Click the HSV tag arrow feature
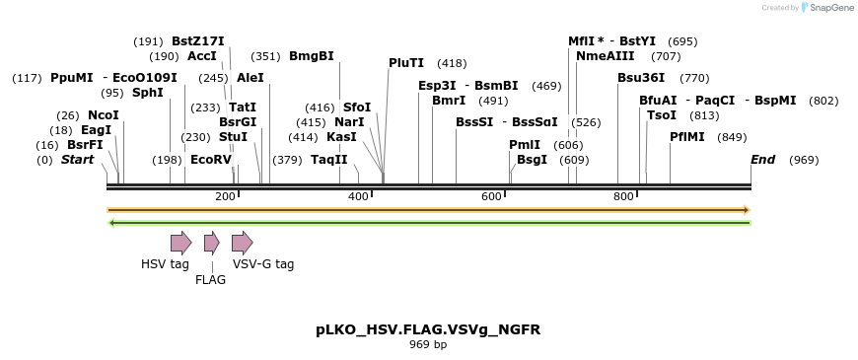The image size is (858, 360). [x=180, y=243]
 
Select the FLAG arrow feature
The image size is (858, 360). [x=211, y=243]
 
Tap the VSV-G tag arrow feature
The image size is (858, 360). [x=242, y=243]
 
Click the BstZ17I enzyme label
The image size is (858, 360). [x=197, y=41]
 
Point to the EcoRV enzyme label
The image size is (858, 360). [x=210, y=160]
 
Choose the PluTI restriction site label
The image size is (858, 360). [x=406, y=63]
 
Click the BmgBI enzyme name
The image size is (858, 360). [x=311, y=56]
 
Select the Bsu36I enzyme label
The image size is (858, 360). [x=641, y=78]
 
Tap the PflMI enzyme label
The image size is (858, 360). [x=687, y=137]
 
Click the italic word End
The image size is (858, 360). [x=762, y=160]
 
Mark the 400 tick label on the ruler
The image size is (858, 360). [x=359, y=197]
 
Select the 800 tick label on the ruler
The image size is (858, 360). [x=623, y=197]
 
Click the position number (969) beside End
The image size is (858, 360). [x=804, y=160]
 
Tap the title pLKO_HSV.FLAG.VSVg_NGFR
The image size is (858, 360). [x=428, y=328]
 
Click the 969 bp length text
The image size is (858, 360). [x=428, y=345]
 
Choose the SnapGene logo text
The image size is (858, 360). [x=826, y=8]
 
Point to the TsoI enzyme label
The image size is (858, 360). [x=662, y=115]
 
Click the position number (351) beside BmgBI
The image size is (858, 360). [x=265, y=56]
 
